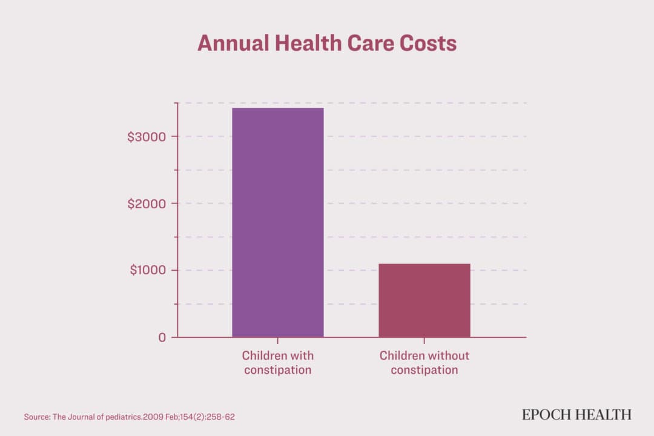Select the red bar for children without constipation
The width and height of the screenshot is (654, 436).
[x=424, y=300]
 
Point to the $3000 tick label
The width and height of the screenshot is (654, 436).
[x=147, y=137]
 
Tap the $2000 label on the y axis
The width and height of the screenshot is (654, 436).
[x=147, y=203]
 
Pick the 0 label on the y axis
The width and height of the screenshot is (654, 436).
[x=162, y=337]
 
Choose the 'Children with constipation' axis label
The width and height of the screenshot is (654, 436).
[x=278, y=362]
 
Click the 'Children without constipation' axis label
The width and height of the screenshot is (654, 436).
[x=424, y=362]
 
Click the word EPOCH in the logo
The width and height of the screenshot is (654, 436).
[x=547, y=415]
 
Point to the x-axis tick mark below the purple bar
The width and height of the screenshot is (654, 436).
[x=278, y=341]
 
